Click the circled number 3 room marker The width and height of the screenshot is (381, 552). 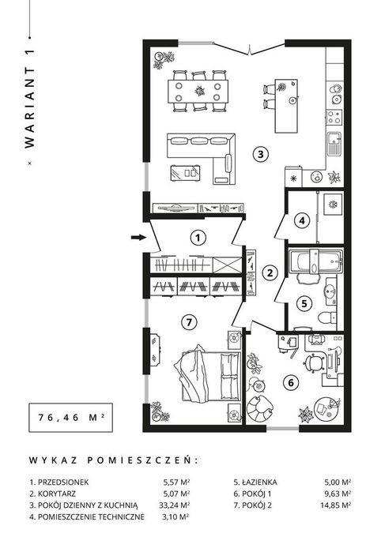click(x=261, y=154)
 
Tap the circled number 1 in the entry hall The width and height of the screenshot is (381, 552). click(x=198, y=238)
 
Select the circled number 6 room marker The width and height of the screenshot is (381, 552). click(x=291, y=382)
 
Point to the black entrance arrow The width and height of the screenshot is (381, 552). click(x=138, y=237)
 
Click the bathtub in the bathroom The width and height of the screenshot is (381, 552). click(x=316, y=261)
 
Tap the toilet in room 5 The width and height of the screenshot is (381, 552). click(x=328, y=317)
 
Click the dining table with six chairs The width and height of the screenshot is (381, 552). click(x=198, y=91)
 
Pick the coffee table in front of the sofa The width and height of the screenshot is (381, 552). click(x=186, y=173)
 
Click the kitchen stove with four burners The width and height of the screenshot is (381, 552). click(x=334, y=117)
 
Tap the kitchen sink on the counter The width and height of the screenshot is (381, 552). click(x=334, y=144)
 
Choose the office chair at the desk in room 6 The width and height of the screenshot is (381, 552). click(x=313, y=362)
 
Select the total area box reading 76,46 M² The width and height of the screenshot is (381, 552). click(x=71, y=418)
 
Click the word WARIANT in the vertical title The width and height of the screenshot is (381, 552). click(x=30, y=107)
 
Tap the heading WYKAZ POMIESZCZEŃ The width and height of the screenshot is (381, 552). click(x=114, y=460)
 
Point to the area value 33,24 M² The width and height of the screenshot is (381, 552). click(x=175, y=505)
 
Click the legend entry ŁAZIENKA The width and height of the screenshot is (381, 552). click(x=255, y=482)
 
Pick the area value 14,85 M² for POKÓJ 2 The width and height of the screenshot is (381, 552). click(x=335, y=505)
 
